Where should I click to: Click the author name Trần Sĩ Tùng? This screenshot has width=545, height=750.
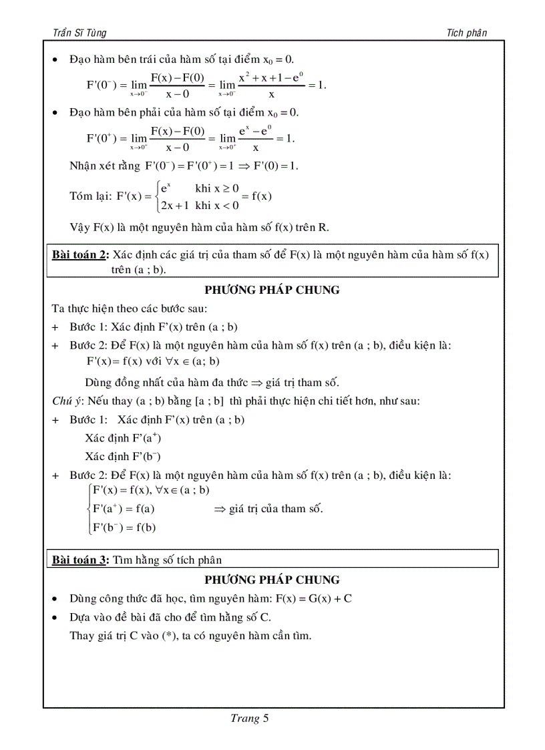point(79,32)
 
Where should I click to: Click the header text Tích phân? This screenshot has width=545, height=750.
point(468,32)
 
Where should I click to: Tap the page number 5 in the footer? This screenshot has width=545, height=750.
point(265,719)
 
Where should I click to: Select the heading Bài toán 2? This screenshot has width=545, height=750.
point(80,254)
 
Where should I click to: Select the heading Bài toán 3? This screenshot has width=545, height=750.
point(80,560)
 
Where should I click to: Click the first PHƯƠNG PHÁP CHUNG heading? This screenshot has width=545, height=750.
point(272,290)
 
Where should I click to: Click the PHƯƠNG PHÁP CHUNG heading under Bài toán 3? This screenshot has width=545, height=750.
point(272,580)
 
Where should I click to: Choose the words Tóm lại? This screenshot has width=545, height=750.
point(89,196)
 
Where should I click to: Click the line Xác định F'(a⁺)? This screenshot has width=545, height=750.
point(123,439)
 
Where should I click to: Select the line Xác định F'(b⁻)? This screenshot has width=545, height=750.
point(123,457)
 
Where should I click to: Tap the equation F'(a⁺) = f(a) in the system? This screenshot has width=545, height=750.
point(124,509)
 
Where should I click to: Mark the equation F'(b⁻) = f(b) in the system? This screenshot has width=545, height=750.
point(124,527)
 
